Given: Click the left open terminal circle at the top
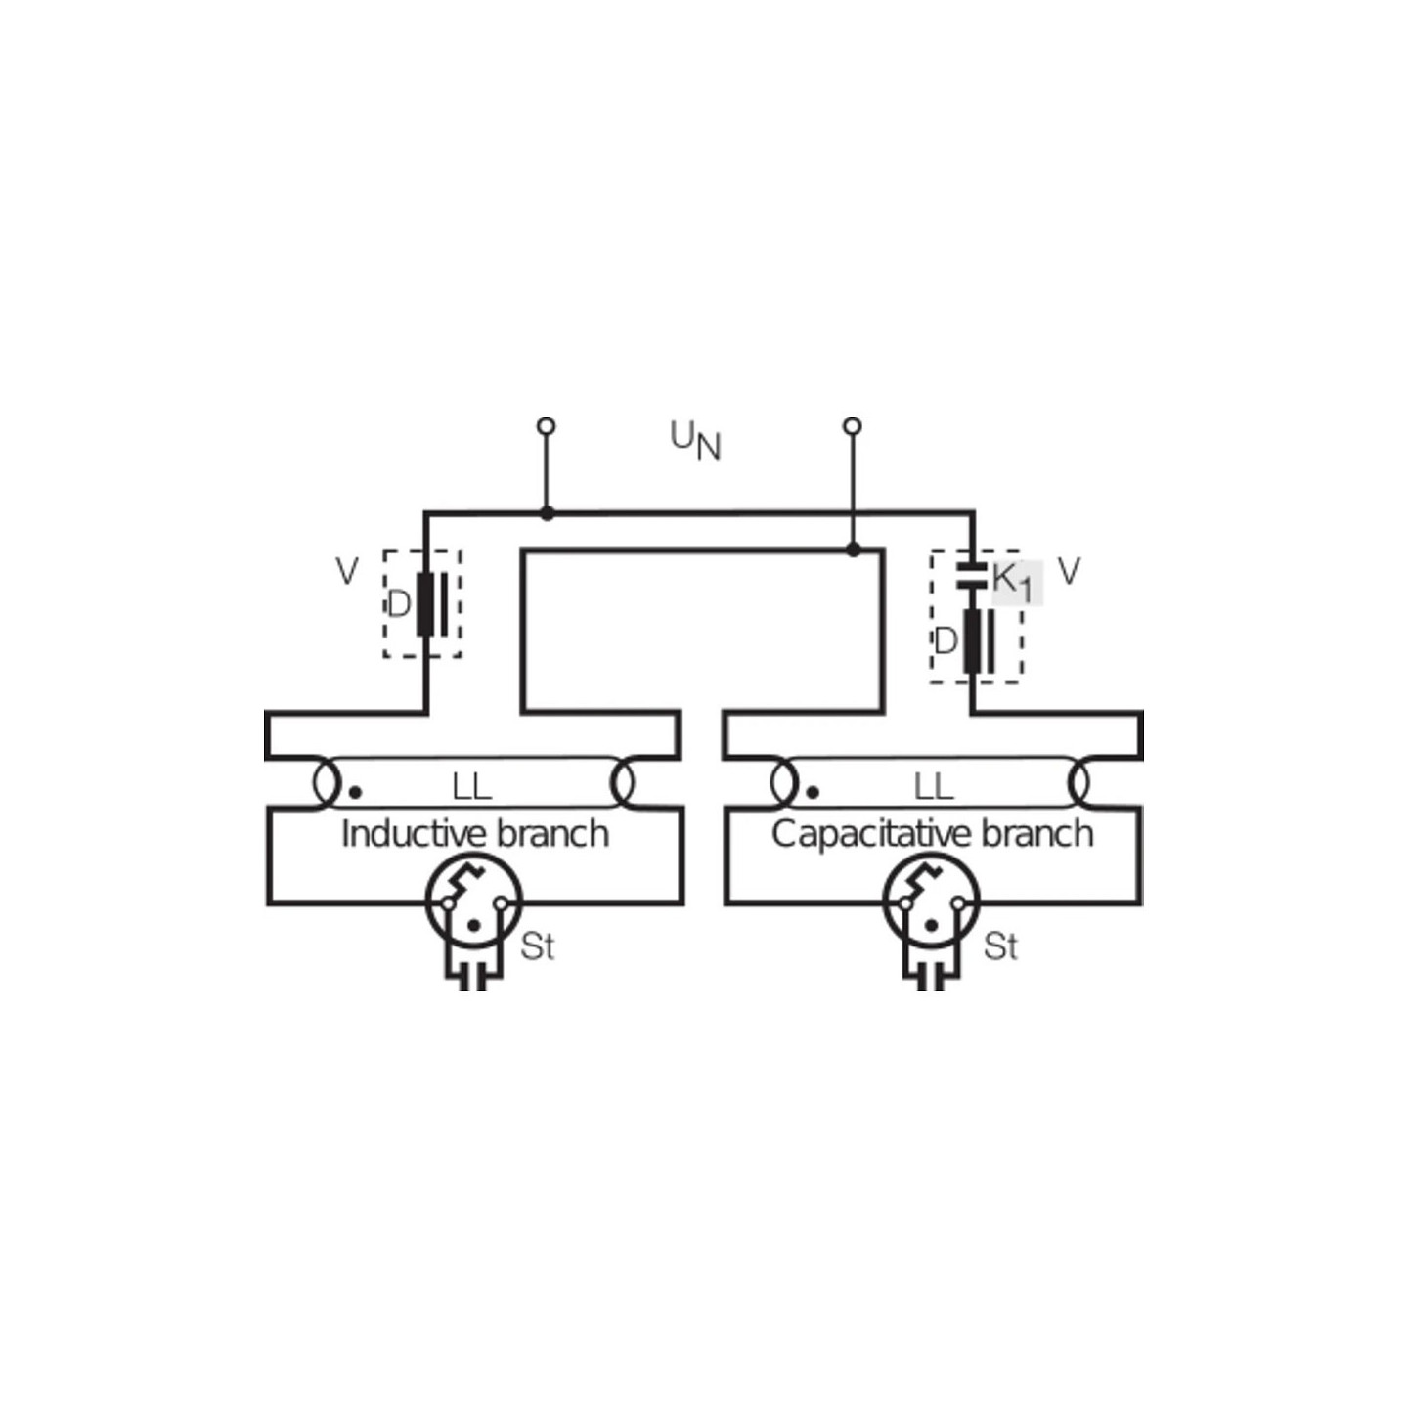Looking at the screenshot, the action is (546, 426).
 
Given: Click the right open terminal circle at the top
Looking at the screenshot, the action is (852, 426).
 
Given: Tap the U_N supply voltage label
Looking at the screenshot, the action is (695, 441).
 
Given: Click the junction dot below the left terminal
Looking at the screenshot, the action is (547, 513).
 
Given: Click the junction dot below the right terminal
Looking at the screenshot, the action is (853, 549).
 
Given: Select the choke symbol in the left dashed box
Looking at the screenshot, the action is (432, 604).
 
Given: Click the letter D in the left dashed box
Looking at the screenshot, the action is (398, 605).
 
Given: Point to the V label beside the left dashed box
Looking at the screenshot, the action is (347, 571).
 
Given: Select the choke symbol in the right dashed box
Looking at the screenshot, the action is (979, 640).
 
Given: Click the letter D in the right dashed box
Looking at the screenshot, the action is (946, 642).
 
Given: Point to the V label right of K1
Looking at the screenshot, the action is (1069, 571).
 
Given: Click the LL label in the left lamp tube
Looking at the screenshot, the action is (471, 788).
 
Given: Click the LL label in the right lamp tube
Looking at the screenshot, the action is (933, 788).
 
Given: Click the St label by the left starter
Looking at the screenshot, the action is (537, 946).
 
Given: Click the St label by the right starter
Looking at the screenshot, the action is (1000, 946).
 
